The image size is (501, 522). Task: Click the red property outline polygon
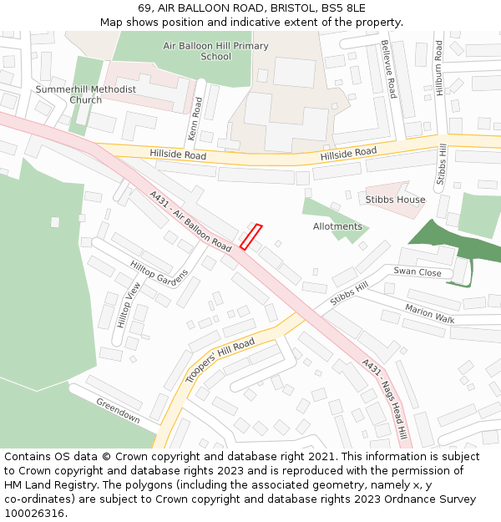click(x=251, y=236)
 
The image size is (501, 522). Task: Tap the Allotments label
click(x=337, y=226)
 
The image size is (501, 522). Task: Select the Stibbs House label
click(x=395, y=200)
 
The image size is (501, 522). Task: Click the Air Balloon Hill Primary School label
click(x=215, y=51)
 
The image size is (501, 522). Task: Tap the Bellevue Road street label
click(x=387, y=69)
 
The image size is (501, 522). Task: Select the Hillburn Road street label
click(x=438, y=67)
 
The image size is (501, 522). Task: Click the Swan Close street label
click(x=417, y=272)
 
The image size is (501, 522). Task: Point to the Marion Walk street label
click(x=429, y=314)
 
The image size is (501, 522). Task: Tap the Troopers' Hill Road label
click(x=220, y=361)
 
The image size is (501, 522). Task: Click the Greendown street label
click(x=118, y=411)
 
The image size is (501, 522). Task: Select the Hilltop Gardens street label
click(x=159, y=273)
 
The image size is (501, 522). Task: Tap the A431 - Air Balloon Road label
click(x=190, y=221)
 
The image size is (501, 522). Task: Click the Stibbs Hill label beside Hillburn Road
click(x=443, y=165)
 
